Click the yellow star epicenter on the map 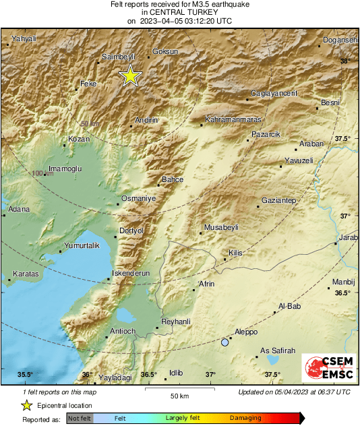click(x=129, y=76)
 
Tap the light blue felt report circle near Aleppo click(x=225, y=342)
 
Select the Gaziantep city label click(x=279, y=201)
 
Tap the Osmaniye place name click(x=138, y=198)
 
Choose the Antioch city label click(x=123, y=331)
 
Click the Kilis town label click(x=235, y=252)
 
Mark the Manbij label click(x=342, y=282)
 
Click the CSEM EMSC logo click(x=326, y=369)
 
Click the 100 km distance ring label click(x=42, y=174)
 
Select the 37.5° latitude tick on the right click(x=343, y=138)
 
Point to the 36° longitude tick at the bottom click(x=87, y=374)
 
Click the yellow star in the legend click(x=26, y=405)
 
